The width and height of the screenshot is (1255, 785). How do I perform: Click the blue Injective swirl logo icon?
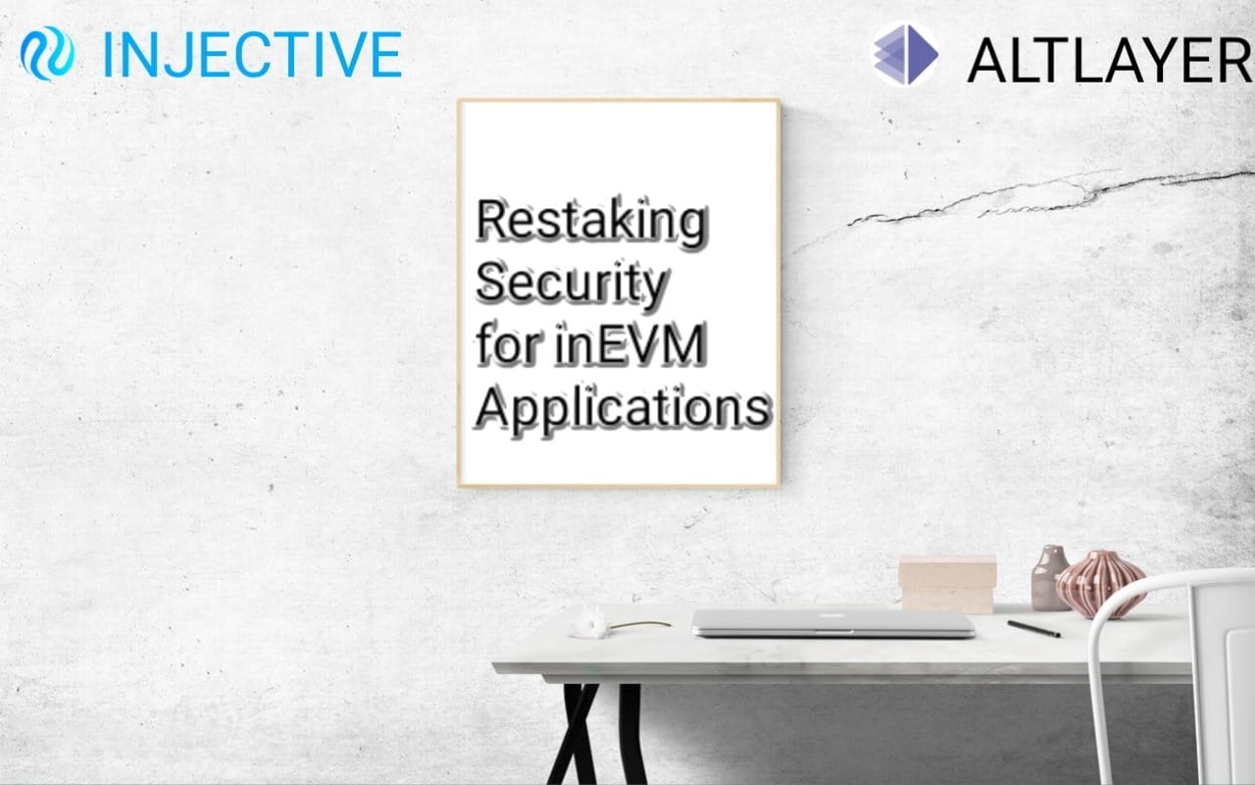click(47, 53)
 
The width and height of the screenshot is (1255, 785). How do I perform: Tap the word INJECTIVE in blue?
click(253, 54)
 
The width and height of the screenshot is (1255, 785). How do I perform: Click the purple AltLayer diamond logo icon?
click(905, 54)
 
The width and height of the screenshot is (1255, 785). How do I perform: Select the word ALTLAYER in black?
click(1109, 61)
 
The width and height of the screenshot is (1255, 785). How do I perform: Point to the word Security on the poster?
click(572, 284)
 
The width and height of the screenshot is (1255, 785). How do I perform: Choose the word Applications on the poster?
click(624, 408)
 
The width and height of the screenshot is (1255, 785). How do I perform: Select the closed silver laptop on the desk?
click(833, 623)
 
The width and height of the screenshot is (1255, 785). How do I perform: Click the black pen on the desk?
click(1033, 629)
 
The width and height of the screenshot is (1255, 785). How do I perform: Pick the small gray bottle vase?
click(1050, 578)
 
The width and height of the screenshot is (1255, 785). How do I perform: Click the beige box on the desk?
click(947, 584)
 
